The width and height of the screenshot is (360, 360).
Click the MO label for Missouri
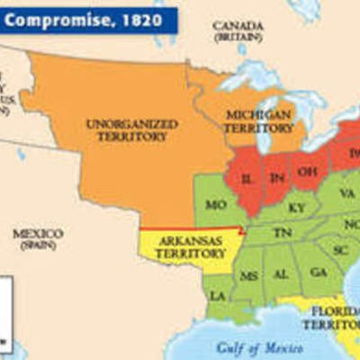click(215, 205)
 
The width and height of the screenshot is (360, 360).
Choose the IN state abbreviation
click(277, 176)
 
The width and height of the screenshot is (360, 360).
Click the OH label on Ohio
click(307, 169)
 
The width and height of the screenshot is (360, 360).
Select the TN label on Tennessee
click(282, 231)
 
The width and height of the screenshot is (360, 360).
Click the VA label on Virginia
click(346, 193)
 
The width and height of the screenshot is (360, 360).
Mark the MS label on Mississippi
click(248, 274)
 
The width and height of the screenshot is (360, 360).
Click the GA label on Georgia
click(317, 271)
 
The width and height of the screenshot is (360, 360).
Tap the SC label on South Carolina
click(340, 248)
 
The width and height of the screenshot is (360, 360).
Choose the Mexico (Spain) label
click(37, 239)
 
